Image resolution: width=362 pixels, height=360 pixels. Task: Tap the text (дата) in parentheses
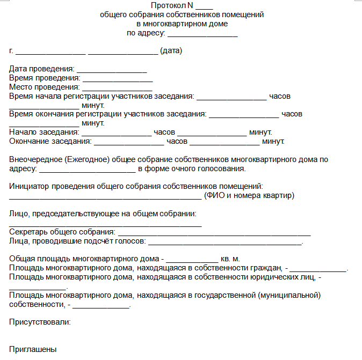click(x=172, y=51)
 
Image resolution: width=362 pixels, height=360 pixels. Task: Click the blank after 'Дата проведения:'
click(x=112, y=70)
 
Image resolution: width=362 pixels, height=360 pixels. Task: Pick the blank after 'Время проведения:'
click(x=118, y=78)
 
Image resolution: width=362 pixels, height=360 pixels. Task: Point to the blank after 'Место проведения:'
click(x=117, y=87)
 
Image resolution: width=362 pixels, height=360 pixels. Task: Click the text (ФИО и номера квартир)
click(x=249, y=195)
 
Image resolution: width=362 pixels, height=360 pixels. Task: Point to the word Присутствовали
click(x=40, y=322)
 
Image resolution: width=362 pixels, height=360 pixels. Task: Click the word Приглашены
click(x=33, y=349)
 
